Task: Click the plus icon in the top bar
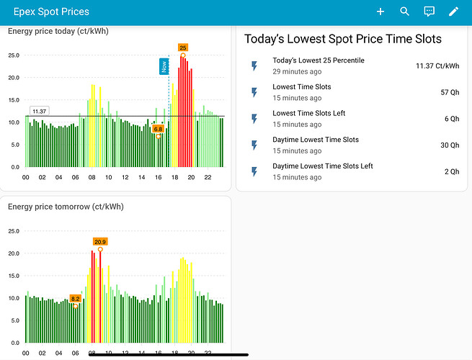(380, 12)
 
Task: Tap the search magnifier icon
(404, 12)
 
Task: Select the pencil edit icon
(453, 12)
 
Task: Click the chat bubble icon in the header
(429, 12)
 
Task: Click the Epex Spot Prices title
(51, 12)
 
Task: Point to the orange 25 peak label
(183, 48)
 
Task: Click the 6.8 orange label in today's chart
(159, 129)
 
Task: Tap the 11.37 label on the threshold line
(39, 111)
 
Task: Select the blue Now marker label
(164, 66)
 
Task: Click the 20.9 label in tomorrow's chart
(100, 242)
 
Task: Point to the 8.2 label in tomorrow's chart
(75, 298)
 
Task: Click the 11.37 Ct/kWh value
(437, 66)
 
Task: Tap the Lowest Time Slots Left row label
(308, 113)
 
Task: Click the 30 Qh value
(450, 145)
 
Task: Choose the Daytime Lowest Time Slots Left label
(322, 166)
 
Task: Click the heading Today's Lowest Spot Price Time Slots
(343, 39)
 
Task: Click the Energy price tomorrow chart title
(66, 207)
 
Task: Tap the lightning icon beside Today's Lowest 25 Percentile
(254, 66)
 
